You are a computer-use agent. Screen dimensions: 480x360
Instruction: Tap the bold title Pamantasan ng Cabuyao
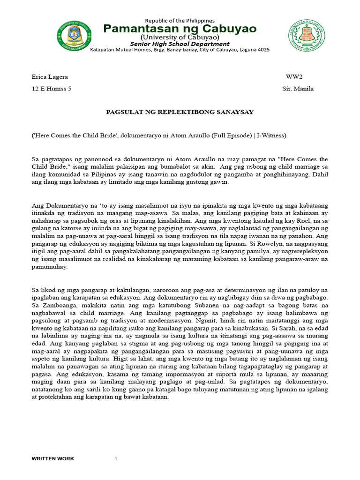tap(180, 29)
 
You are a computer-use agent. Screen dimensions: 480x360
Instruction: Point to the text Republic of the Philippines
tap(180, 21)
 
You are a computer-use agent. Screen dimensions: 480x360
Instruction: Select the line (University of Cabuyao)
tap(180, 37)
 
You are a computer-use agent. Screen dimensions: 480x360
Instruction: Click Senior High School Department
tap(180, 44)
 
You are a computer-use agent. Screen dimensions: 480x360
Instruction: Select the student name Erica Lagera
tap(50, 76)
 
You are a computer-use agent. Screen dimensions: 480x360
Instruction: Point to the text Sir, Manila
tap(298, 89)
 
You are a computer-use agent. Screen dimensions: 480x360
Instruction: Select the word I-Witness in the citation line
tap(272, 135)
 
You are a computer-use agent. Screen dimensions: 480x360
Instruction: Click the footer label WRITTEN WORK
tap(52, 458)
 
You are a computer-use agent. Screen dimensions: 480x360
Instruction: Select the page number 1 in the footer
tap(116, 458)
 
